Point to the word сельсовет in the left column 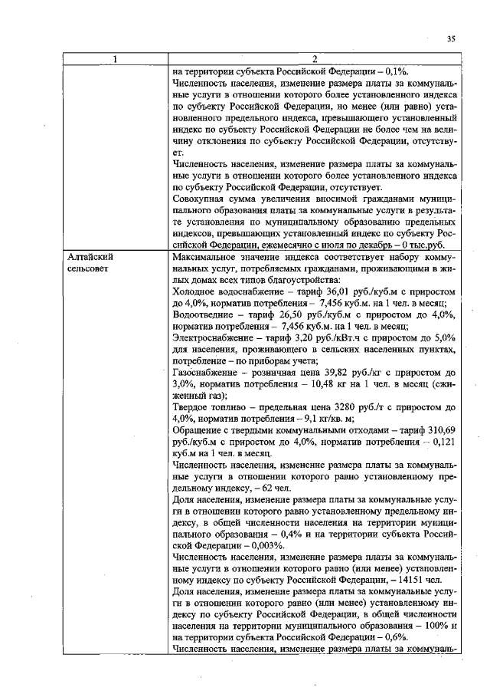click(90, 270)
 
